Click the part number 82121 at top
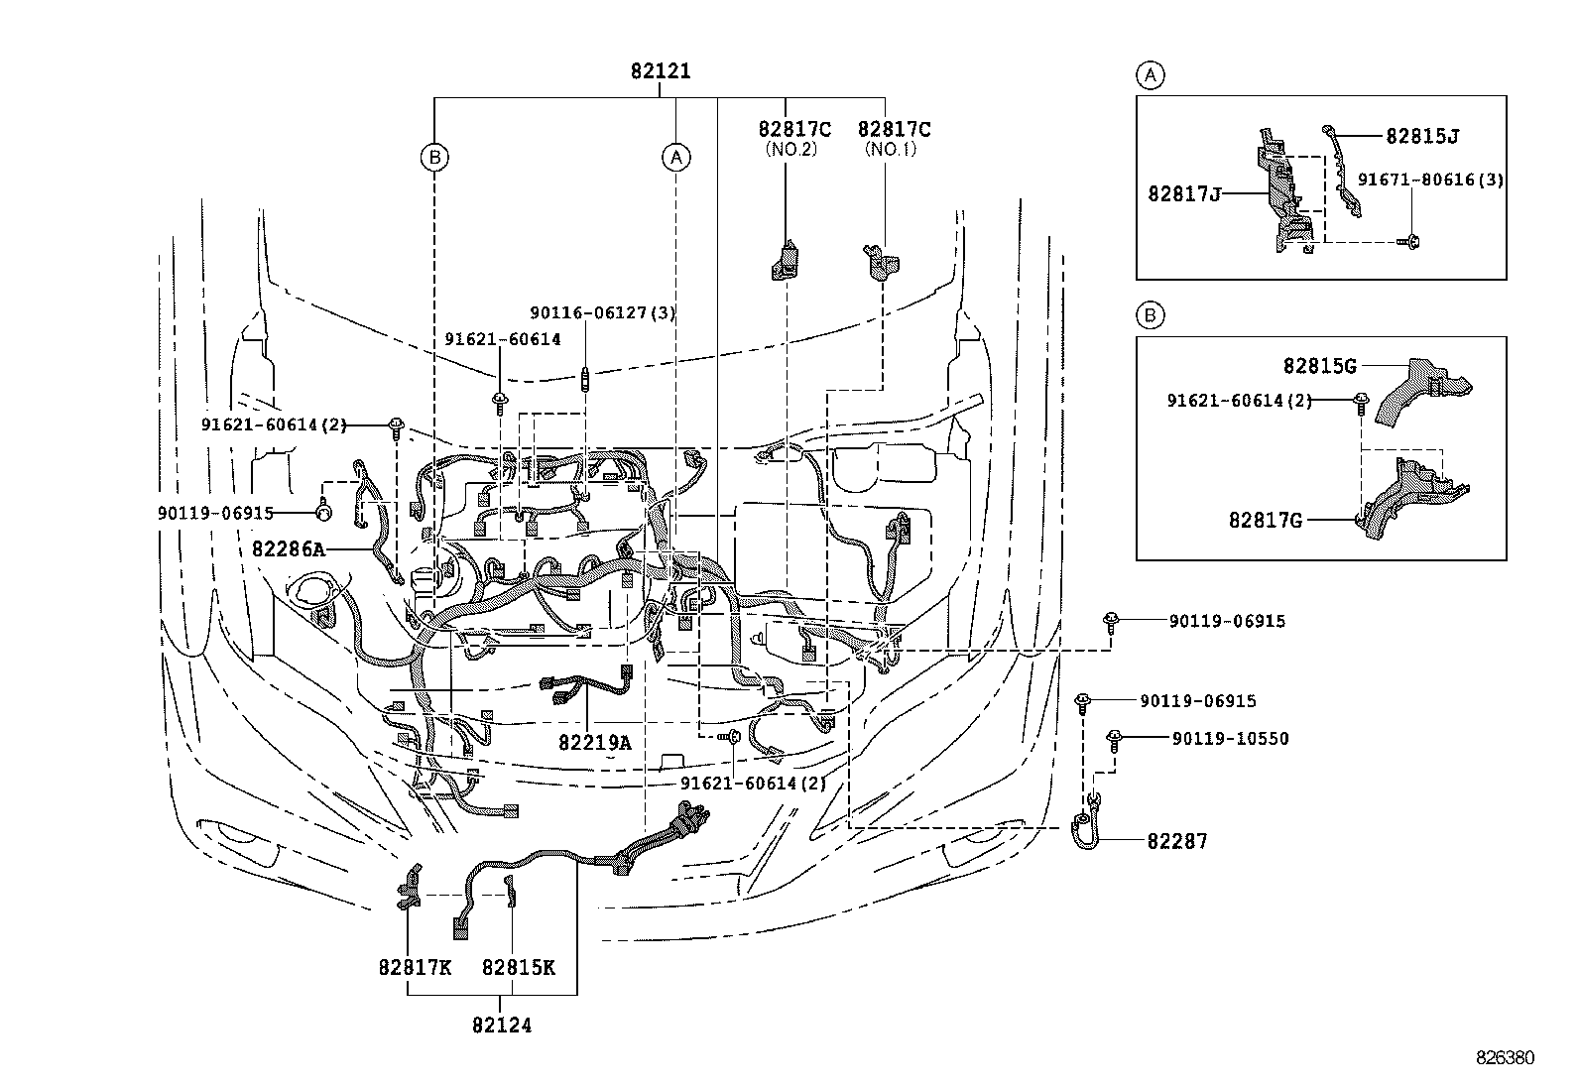661,71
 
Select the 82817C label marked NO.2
793,129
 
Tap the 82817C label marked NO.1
894,129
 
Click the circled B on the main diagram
433,157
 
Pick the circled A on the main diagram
675,157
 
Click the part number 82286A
288,548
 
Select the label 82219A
594,742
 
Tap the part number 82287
1177,841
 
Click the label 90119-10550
1230,739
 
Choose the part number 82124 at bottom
501,1026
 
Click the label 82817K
414,967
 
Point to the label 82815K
518,967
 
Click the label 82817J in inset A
1184,194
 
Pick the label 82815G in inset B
1319,366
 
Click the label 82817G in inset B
1265,519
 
